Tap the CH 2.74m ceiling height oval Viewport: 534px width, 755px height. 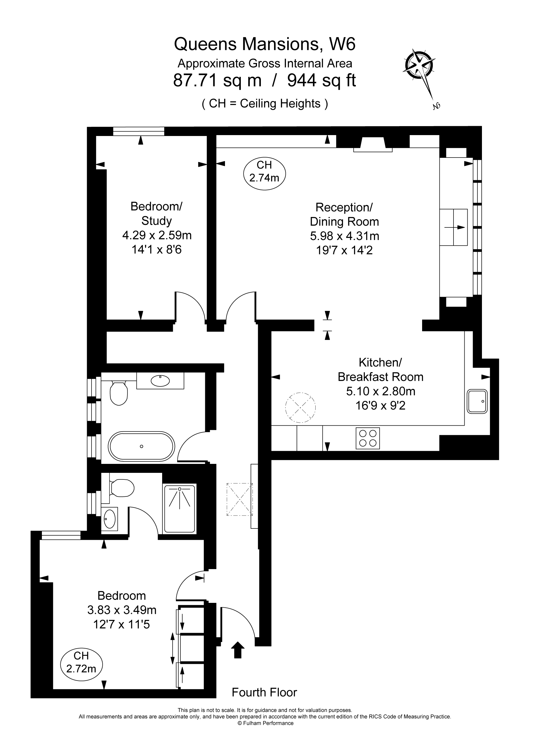tap(264, 173)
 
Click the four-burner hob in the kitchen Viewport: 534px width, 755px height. tap(367, 438)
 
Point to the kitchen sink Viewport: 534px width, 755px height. tap(477, 401)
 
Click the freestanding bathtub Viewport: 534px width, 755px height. tap(142, 446)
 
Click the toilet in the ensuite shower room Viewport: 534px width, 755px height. tap(122, 488)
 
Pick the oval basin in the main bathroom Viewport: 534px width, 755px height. tap(160, 381)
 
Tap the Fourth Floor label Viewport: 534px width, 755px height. tap(264, 692)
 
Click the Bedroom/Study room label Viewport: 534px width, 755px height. tap(156, 213)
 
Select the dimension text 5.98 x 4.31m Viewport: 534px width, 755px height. tap(344, 236)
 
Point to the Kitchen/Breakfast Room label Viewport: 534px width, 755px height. tap(380, 370)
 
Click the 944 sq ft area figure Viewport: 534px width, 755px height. tap(321, 80)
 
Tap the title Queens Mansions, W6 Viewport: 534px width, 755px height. tap(264, 44)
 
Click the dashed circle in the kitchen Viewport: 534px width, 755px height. tap(300, 408)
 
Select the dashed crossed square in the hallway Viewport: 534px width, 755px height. tap(239, 499)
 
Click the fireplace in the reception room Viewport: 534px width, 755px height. tap(373, 145)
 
